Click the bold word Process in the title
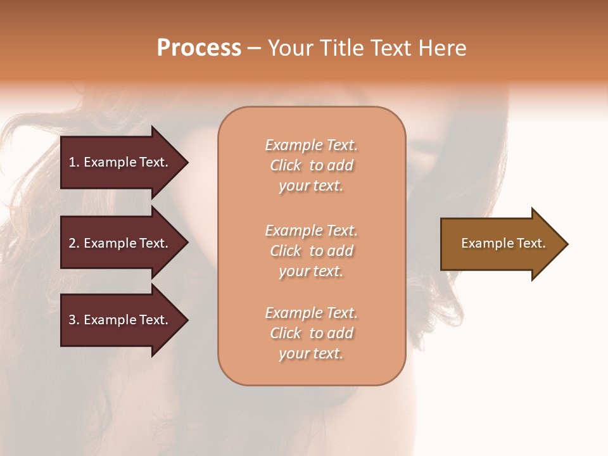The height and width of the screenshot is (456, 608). (x=199, y=47)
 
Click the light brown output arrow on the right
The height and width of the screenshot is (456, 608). (x=494, y=244)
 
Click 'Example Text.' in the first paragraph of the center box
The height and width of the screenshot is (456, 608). (x=311, y=145)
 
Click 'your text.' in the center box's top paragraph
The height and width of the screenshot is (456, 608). (x=311, y=186)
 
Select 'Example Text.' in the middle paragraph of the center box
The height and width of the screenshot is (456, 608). (x=311, y=230)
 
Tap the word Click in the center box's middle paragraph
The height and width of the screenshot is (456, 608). (x=286, y=251)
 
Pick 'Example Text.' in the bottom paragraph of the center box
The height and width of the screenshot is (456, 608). (x=311, y=313)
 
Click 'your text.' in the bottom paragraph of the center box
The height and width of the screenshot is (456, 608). (x=311, y=353)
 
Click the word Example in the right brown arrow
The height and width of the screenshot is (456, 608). (x=483, y=243)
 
